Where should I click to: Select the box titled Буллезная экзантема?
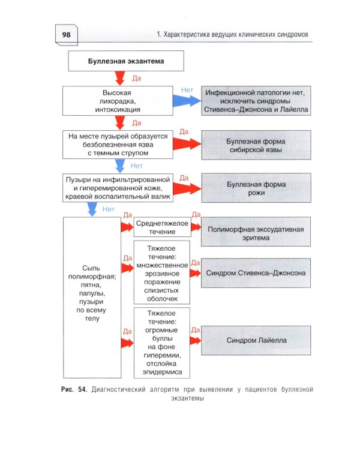[x=125, y=61]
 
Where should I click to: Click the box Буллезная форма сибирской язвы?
[x=256, y=145]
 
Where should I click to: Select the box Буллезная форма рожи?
[x=256, y=189]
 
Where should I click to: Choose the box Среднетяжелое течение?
[x=163, y=227]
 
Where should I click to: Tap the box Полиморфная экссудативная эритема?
[x=256, y=233]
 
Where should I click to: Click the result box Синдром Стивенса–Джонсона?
[x=256, y=272]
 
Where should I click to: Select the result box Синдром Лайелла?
[x=256, y=341]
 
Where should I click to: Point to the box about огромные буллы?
[x=163, y=343]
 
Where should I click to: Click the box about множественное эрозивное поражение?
[x=163, y=272]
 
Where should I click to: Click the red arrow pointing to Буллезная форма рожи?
[x=188, y=189]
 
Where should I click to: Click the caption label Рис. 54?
[x=74, y=390]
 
